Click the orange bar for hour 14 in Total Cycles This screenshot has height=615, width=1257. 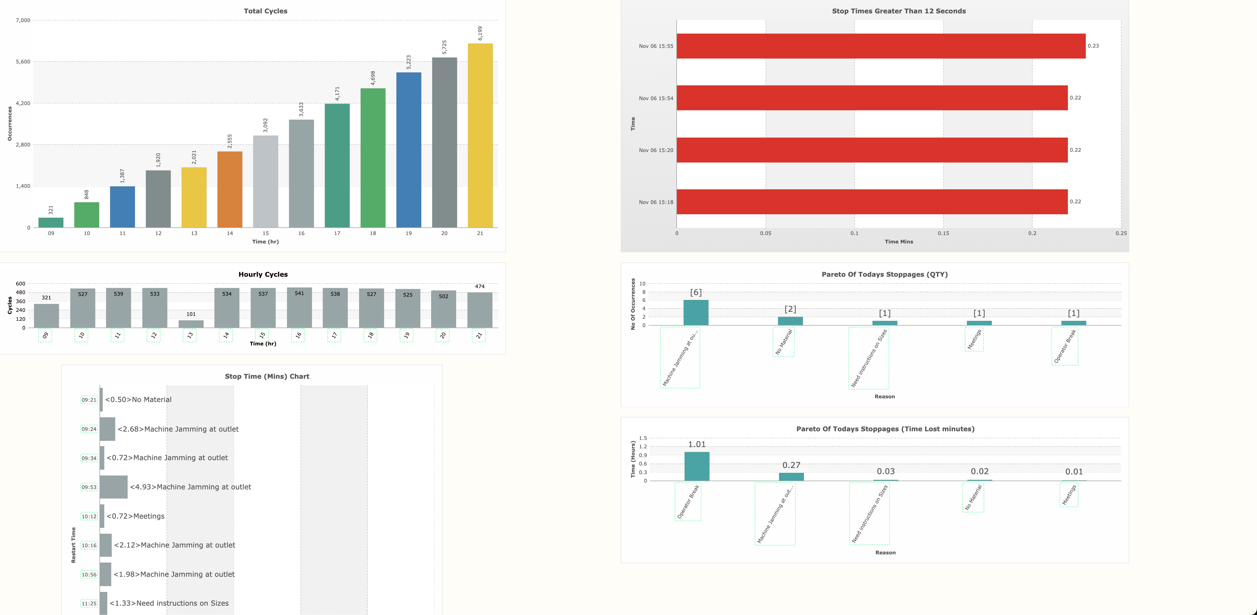[x=230, y=190]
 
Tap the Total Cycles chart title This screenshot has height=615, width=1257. [x=265, y=11]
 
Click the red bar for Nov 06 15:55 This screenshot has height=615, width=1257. [x=881, y=46]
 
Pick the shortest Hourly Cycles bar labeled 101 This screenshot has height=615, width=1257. [x=191, y=324]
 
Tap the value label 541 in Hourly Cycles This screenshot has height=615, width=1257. [x=299, y=294]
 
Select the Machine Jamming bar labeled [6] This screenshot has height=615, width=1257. [x=696, y=312]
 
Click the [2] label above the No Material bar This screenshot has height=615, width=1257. [x=790, y=309]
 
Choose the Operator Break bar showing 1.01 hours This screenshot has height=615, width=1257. [x=697, y=466]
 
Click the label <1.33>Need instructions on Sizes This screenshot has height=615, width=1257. [x=169, y=603]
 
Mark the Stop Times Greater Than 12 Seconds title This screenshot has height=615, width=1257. [x=898, y=11]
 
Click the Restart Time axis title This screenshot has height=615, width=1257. [x=74, y=545]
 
